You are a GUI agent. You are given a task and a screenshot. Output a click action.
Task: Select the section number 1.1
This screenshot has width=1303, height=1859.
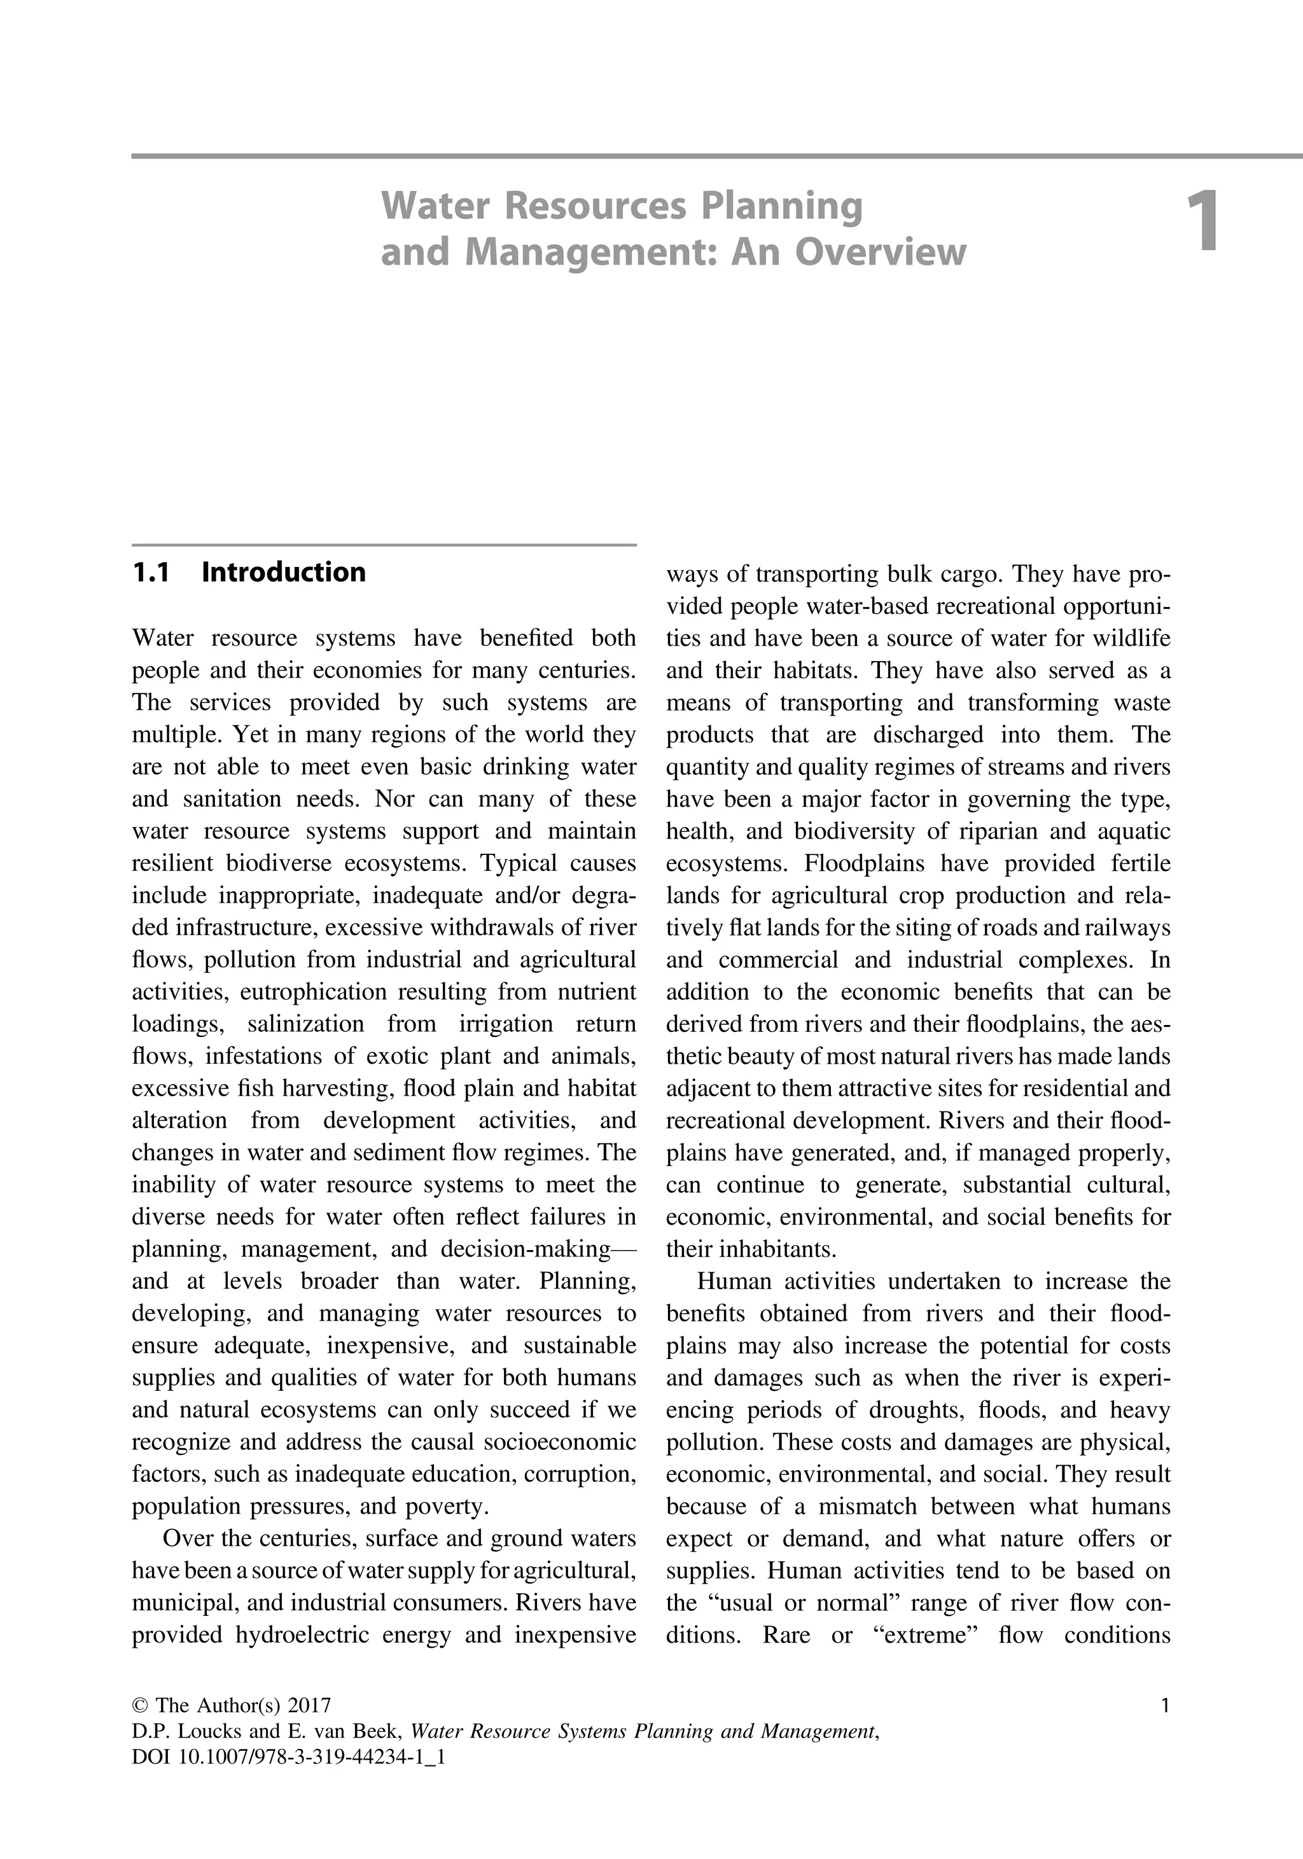pos(151,573)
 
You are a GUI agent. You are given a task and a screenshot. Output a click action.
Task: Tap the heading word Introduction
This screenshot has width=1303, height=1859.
pos(283,573)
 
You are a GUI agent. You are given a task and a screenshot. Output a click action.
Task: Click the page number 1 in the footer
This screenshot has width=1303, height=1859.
pos(1164,1706)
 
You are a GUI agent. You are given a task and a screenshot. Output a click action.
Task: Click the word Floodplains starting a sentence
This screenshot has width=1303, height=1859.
pos(863,863)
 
